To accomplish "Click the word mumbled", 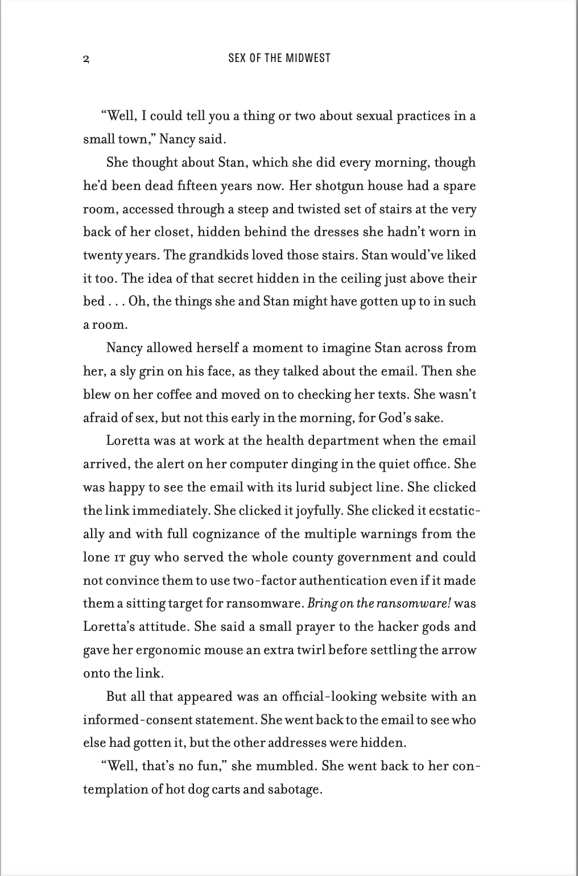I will [x=286, y=766].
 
